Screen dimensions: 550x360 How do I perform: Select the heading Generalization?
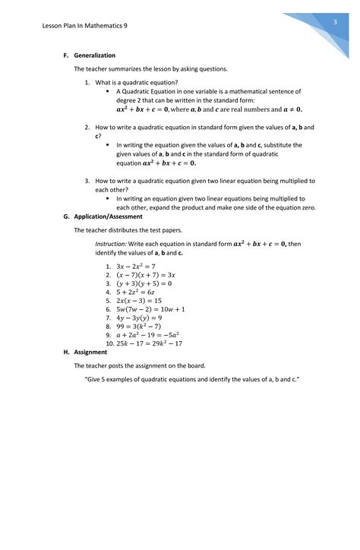tap(95, 55)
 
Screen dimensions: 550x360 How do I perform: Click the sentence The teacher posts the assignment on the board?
tap(140, 365)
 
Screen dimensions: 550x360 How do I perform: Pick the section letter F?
tap(66, 55)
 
